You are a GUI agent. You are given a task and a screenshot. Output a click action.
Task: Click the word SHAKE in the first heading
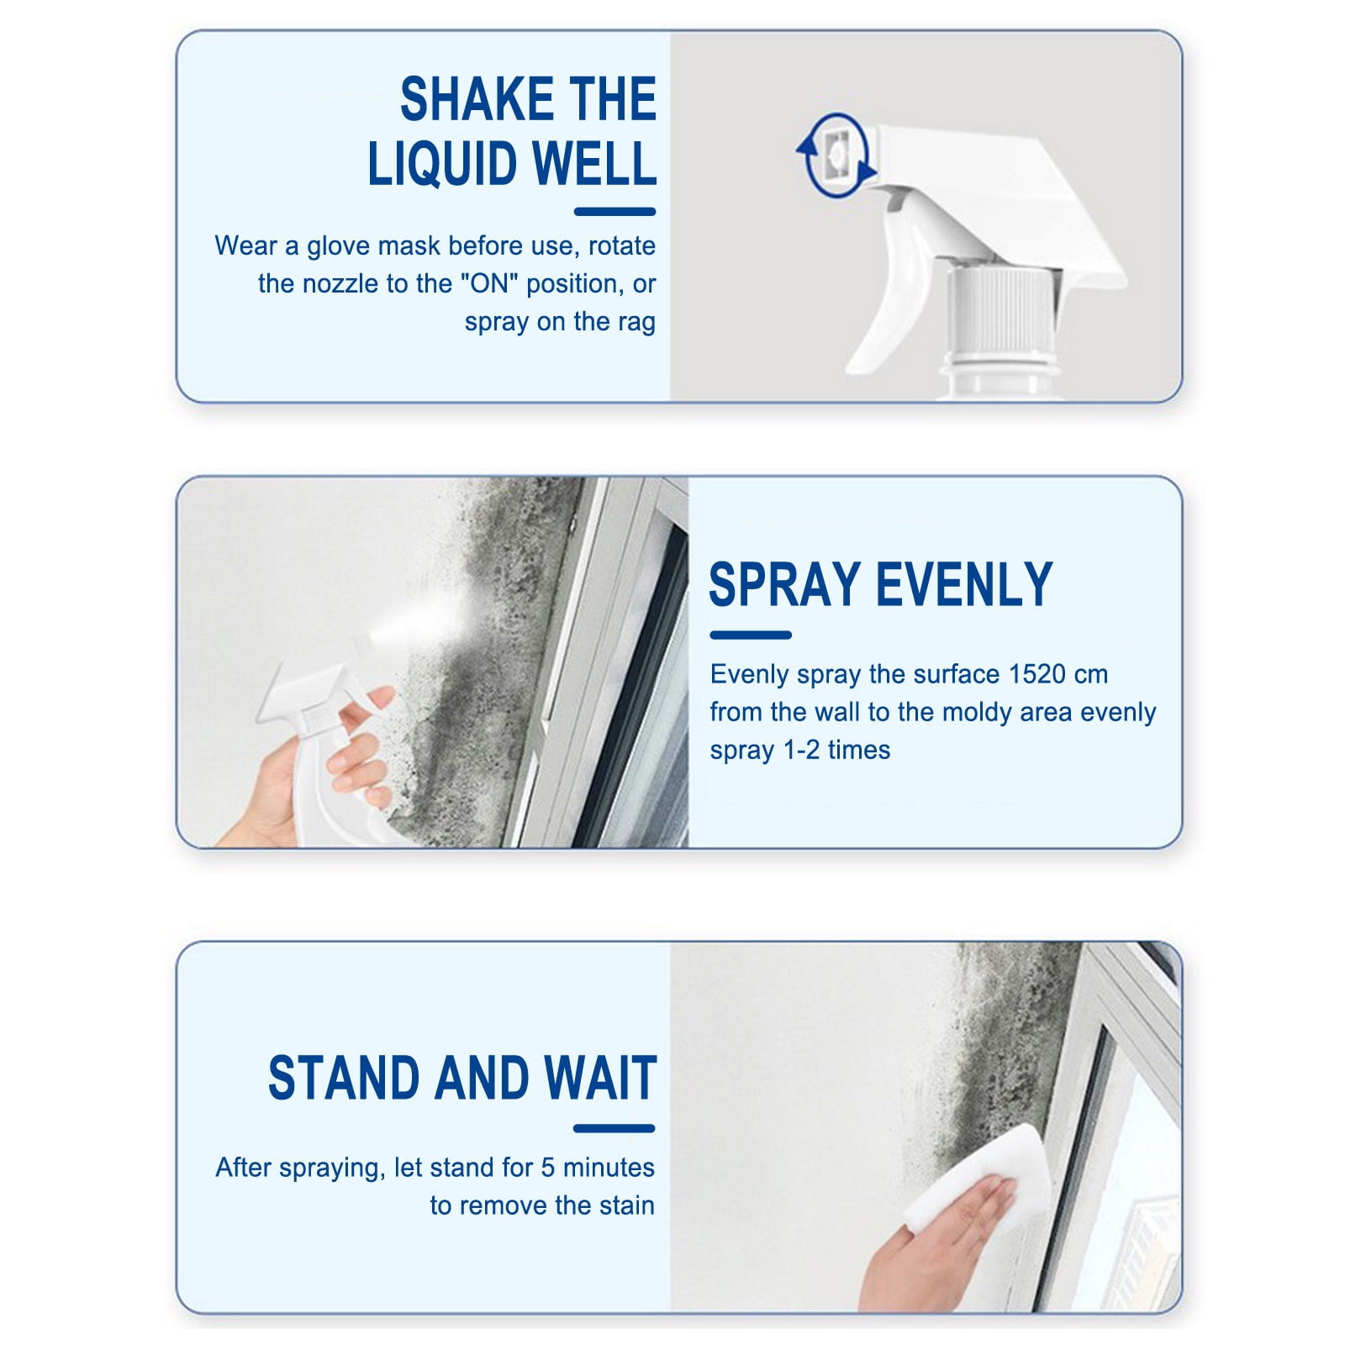coord(477,99)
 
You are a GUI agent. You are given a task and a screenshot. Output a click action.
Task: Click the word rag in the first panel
coord(636,323)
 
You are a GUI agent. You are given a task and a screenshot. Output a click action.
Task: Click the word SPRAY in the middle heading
coord(785,584)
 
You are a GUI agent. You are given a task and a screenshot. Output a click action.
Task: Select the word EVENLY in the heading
coord(965,584)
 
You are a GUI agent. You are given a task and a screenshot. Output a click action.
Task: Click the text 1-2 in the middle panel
coord(801,750)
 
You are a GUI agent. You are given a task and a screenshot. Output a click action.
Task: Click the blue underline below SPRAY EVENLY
coord(751,636)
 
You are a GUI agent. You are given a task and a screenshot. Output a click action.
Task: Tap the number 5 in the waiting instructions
coord(548,1168)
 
